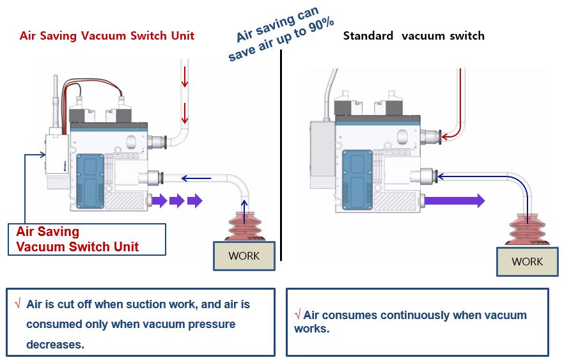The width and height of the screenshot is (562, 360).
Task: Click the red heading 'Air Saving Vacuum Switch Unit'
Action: click(x=107, y=36)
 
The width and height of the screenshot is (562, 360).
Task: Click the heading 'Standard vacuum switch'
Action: click(x=414, y=36)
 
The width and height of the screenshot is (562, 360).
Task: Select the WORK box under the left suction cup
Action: click(x=244, y=256)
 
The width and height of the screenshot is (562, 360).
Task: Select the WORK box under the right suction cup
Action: click(x=527, y=262)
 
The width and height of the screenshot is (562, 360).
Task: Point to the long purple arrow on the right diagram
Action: click(x=456, y=201)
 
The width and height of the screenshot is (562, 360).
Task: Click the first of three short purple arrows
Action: click(x=159, y=201)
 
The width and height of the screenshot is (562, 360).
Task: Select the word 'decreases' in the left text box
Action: click(x=55, y=344)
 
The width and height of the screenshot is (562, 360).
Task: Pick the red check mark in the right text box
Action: click(x=298, y=315)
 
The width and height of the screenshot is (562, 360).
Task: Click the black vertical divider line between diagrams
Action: click(x=281, y=160)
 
